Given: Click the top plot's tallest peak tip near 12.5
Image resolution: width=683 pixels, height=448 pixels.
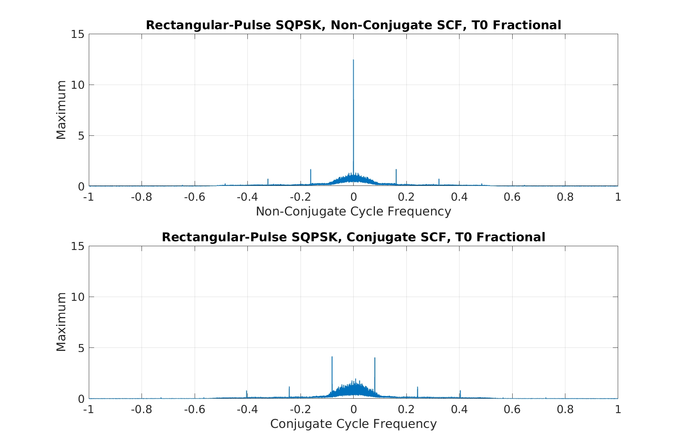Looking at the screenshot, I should (x=353, y=60).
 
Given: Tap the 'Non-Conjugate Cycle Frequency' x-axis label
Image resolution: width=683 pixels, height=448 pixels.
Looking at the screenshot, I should (x=353, y=211).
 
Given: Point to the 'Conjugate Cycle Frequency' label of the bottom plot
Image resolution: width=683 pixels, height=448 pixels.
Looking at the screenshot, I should (x=353, y=423).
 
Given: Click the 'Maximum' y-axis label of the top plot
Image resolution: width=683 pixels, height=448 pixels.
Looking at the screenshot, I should (x=61, y=110).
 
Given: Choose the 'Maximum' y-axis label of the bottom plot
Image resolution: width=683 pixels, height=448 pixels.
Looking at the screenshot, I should (x=61, y=322).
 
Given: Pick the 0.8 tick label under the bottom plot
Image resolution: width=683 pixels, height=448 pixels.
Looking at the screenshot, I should (x=565, y=409).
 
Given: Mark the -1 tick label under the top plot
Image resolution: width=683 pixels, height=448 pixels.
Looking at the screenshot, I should (x=89, y=197).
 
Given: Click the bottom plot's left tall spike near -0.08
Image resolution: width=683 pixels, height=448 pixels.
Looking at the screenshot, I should (x=332, y=357).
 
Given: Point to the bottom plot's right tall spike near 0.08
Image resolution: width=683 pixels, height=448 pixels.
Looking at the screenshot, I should (x=375, y=358).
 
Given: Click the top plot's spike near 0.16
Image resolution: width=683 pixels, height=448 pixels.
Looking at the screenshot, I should (x=396, y=170).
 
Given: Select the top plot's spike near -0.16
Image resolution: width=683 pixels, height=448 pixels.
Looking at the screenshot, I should (x=311, y=170).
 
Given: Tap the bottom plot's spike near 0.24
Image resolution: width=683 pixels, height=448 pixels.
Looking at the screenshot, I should (x=417, y=388).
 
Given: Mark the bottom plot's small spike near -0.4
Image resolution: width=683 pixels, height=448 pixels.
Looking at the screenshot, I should (x=247, y=391).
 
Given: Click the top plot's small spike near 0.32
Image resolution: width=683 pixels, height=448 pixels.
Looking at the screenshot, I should (x=439, y=179).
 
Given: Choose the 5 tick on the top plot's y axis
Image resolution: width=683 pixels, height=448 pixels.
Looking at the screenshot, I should (x=80, y=135).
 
